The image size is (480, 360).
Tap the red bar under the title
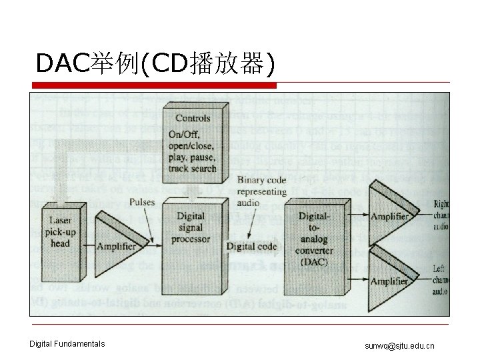[x=155, y=85]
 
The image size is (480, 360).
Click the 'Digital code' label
[x=251, y=246]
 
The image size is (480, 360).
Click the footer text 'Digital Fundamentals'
[x=67, y=344]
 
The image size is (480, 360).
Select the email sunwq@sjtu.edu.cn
[x=399, y=345]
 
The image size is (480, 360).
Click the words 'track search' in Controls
[x=193, y=168]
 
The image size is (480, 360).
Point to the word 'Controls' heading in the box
[x=193, y=119]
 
